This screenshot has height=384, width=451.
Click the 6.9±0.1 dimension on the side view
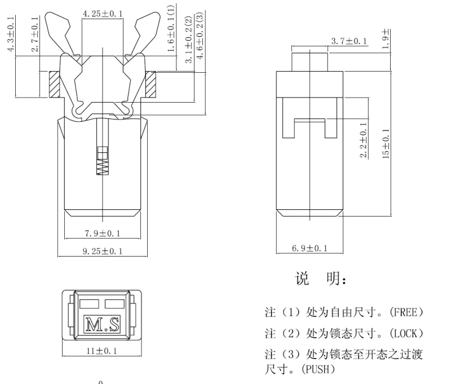point(310,248)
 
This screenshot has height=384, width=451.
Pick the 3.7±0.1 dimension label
point(348,41)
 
